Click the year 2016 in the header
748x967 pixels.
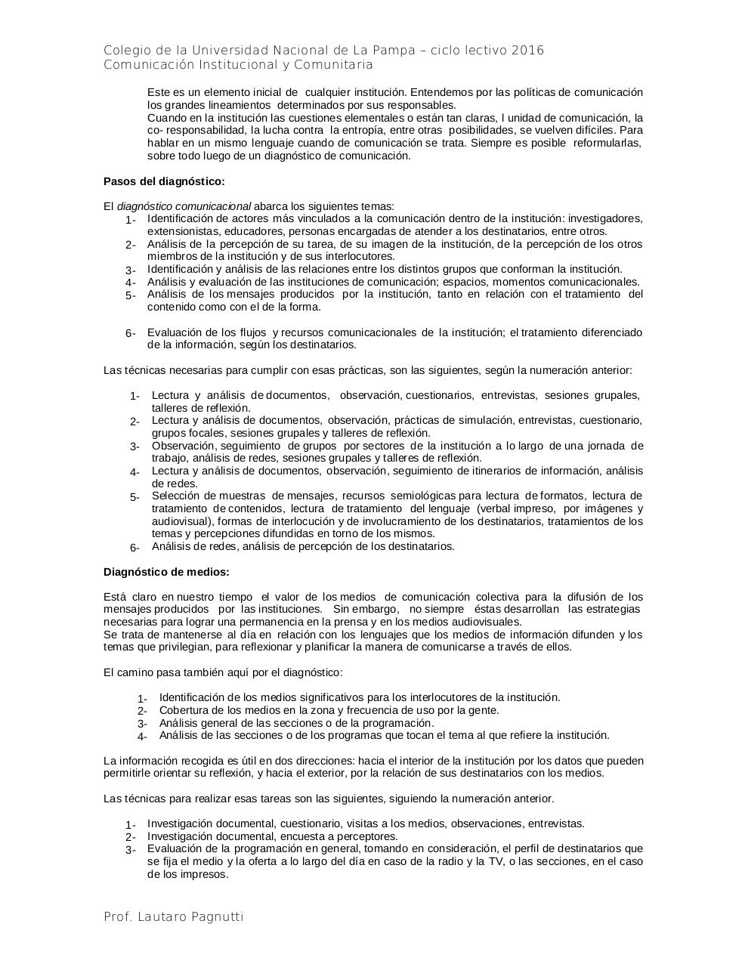pos(527,51)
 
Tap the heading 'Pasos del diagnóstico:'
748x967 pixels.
pos(164,181)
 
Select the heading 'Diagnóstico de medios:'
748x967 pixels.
pos(166,572)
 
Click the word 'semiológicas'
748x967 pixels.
pos(423,496)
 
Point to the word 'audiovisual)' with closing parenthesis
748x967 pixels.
pos(182,521)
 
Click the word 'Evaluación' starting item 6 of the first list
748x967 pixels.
pos(174,332)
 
